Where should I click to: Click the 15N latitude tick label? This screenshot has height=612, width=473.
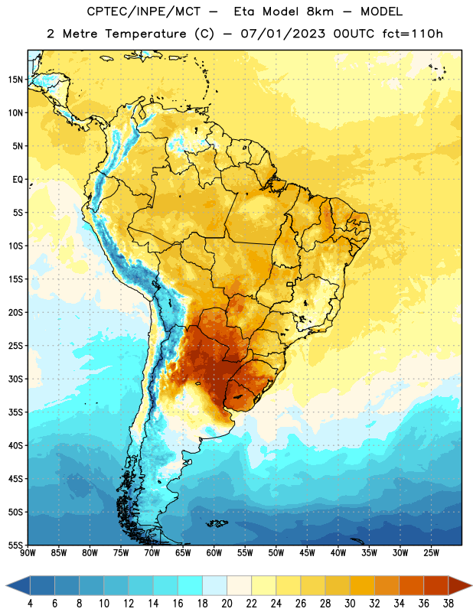[15, 80]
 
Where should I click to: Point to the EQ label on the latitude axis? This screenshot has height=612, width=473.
[18, 180]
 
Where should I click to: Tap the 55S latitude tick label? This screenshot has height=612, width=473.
[15, 545]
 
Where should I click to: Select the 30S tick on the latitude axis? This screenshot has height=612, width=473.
[15, 379]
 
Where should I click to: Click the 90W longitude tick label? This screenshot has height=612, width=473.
[28, 553]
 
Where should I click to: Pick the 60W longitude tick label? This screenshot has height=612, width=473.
[214, 553]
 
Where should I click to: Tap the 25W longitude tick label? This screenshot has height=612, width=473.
[431, 553]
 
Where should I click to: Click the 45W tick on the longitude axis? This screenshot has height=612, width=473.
[307, 553]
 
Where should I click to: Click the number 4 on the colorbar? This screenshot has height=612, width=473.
[30, 604]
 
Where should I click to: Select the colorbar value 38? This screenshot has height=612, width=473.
[448, 604]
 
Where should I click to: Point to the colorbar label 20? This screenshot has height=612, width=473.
[227, 604]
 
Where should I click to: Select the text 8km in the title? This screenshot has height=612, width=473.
[320, 11]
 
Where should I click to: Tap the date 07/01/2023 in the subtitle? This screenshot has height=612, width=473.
[282, 34]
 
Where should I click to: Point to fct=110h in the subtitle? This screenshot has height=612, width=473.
[413, 34]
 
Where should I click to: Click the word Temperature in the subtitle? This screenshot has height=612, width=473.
[145, 34]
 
